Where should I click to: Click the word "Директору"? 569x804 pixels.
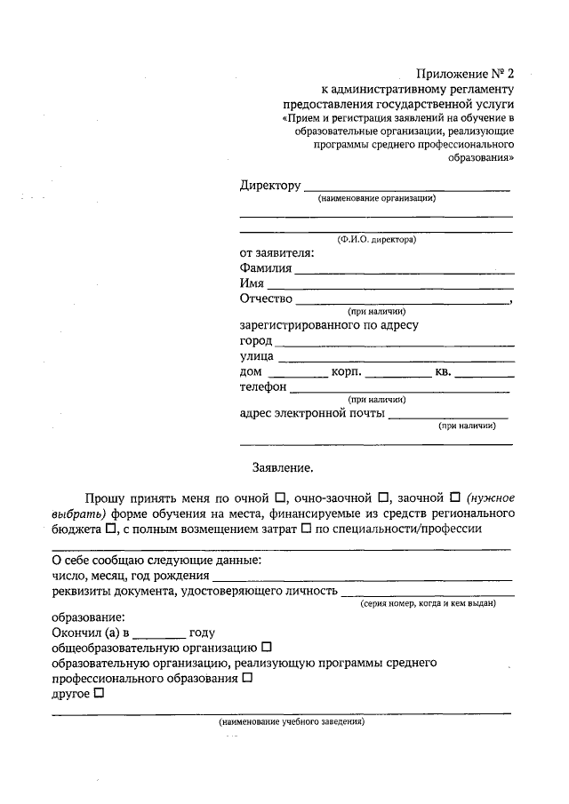[x=270, y=186]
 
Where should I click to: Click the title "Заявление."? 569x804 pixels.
[x=284, y=466]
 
